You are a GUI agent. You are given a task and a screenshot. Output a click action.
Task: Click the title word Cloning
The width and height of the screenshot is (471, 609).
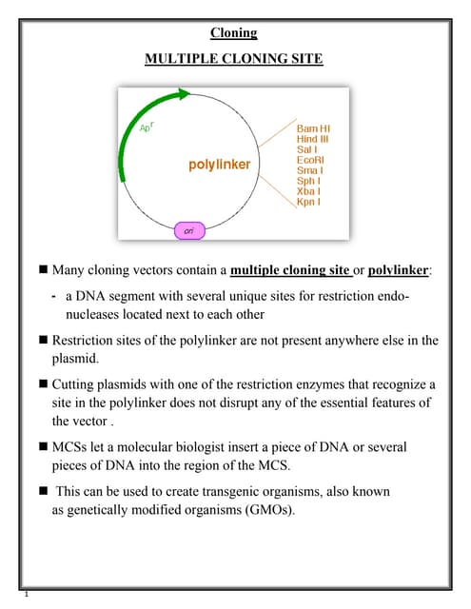pos(234,32)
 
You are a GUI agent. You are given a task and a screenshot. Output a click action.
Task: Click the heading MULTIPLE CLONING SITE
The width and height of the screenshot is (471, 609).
pos(234,59)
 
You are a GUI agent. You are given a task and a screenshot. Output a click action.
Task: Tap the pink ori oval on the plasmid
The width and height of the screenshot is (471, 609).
pos(188,230)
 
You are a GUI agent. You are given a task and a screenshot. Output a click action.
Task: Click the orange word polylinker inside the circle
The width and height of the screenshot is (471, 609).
pos(220,165)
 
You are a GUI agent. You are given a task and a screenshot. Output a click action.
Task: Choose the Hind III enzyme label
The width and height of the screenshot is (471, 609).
pos(313,139)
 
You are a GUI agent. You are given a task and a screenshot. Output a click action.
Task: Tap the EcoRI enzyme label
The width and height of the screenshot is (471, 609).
pos(311,160)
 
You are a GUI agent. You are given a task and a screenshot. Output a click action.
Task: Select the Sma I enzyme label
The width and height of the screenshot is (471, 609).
pos(311,170)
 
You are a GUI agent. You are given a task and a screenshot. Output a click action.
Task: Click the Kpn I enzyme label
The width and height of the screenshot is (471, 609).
pos(309,202)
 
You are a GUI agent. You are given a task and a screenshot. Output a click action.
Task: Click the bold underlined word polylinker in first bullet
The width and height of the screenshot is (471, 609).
pos(398,270)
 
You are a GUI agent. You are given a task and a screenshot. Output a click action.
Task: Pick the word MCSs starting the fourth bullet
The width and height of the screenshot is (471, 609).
pos(71,446)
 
